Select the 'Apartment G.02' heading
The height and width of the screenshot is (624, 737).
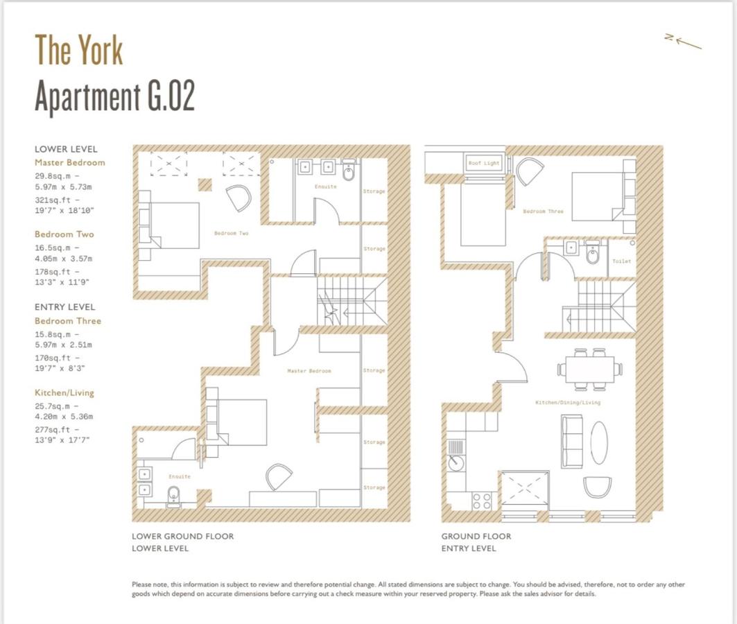pyautogui.click(x=114, y=96)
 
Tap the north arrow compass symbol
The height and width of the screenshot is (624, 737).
pyautogui.click(x=683, y=42)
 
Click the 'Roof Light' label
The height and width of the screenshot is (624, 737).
pyautogui.click(x=483, y=163)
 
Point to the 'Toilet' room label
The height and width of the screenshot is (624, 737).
pyautogui.click(x=621, y=261)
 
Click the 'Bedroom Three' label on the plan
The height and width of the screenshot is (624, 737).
pyautogui.click(x=543, y=211)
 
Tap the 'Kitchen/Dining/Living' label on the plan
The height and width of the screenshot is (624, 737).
pyautogui.click(x=567, y=402)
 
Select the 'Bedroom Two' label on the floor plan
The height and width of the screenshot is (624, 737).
pyautogui.click(x=231, y=234)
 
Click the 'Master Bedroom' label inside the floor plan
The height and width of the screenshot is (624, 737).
pyautogui.click(x=309, y=371)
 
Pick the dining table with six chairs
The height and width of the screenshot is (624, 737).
pyautogui.click(x=589, y=368)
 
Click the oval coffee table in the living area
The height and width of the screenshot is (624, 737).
pyautogui.click(x=599, y=443)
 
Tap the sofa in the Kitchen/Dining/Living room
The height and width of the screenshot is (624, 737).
pyautogui.click(x=572, y=440)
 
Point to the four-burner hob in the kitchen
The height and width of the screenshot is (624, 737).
pyautogui.click(x=482, y=500)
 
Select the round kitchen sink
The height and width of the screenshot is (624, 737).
pyautogui.click(x=456, y=461)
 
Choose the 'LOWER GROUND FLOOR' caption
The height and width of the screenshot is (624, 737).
pyautogui.click(x=182, y=536)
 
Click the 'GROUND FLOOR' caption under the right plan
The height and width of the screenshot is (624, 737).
pyautogui.click(x=476, y=536)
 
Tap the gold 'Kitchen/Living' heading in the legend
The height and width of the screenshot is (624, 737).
pyautogui.click(x=64, y=392)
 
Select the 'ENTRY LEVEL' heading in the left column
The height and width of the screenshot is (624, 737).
pyautogui.click(x=64, y=306)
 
